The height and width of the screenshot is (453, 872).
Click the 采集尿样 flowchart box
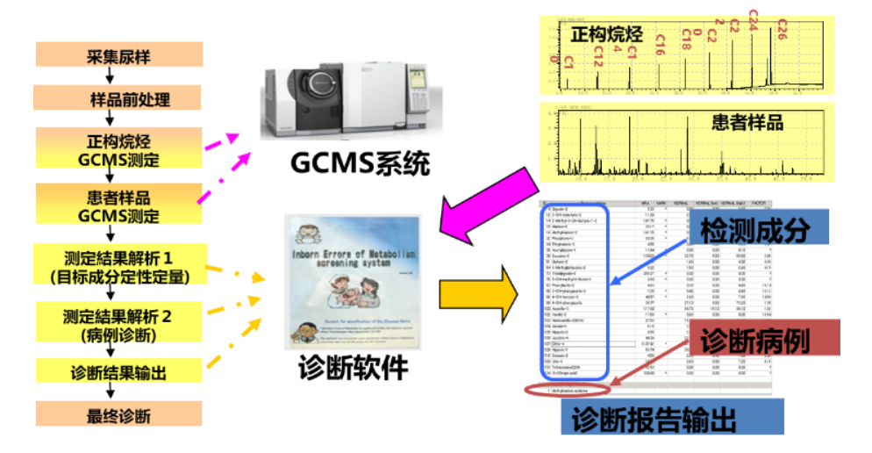click(x=119, y=55)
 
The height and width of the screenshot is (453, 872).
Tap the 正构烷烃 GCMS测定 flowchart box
click(x=119, y=149)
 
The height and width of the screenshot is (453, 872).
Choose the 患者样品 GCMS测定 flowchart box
click(x=119, y=206)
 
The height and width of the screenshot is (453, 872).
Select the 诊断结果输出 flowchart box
click(x=119, y=371)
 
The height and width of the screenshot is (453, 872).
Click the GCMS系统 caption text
click(x=359, y=164)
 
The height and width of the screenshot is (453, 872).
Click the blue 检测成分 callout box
click(x=752, y=231)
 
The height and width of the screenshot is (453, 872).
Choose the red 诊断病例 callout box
click(x=750, y=339)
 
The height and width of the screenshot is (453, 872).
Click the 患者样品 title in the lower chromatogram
click(x=747, y=124)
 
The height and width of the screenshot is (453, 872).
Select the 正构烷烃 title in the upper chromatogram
click(x=606, y=36)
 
